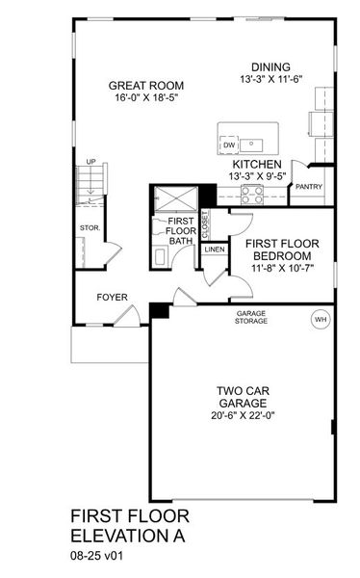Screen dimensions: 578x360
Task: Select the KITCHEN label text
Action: [257, 165]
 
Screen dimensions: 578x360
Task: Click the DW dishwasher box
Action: [229, 145]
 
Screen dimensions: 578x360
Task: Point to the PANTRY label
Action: [309, 187]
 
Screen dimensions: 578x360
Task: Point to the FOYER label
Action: [112, 297]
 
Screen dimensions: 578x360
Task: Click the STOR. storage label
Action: [89, 228]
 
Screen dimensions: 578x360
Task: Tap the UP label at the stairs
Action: [90, 162]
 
